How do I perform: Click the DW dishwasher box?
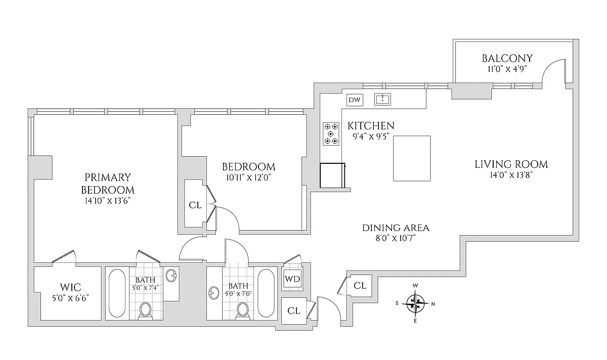coord(355,100)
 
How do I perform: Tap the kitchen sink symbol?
coord(383,99)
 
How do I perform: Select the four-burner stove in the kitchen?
coord(331,134)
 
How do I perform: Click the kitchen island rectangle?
coord(412,158)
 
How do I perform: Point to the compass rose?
coord(415,303)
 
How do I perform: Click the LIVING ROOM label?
coord(511,164)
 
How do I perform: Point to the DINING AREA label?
coord(396,228)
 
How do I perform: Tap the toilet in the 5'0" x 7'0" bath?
coord(244,309)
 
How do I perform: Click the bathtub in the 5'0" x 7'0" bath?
coord(266,293)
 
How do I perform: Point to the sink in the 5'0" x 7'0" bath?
coord(213,293)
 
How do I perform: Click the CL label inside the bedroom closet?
coord(195,205)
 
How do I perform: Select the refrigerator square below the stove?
coord(332,175)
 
